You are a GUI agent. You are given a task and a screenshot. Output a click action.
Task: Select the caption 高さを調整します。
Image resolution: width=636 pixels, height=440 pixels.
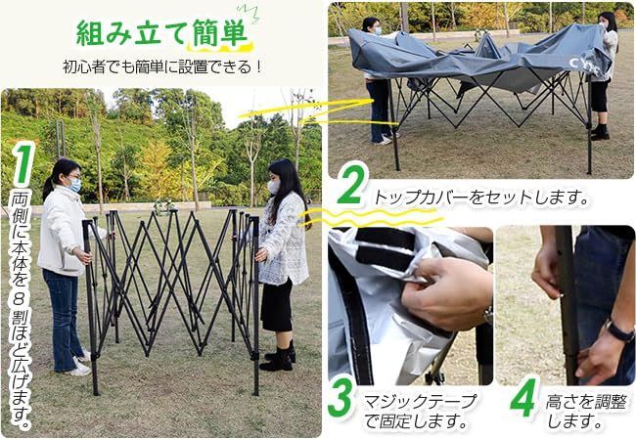(574, 412)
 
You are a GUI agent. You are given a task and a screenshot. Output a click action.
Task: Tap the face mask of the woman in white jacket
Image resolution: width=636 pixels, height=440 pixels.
(71, 184)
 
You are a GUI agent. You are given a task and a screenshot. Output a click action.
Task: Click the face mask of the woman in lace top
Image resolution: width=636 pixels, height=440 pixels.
(273, 186)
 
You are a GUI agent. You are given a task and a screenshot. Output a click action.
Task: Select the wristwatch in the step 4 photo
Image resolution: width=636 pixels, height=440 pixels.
(618, 332)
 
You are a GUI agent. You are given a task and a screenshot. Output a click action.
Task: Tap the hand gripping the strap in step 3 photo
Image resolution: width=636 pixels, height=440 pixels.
(445, 293)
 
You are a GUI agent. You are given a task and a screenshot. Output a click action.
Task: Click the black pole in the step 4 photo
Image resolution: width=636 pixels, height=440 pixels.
(567, 293)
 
